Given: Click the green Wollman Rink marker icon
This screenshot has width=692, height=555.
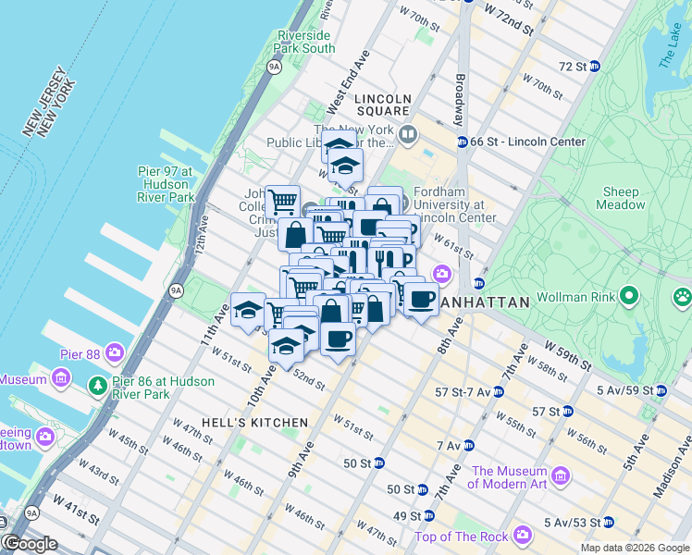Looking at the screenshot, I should coord(631,298).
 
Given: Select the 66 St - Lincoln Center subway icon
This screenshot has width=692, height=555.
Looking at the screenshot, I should coord(461,142).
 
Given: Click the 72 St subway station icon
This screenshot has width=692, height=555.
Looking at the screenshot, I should coord(594,66).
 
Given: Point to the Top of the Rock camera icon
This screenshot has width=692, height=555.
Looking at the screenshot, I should coord(523,536).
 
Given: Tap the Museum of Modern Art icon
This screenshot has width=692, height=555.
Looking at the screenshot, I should coord(561,478).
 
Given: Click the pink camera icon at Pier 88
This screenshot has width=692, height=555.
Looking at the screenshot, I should coord(114,352).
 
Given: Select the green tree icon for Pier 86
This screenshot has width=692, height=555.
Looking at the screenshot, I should coord(96,384).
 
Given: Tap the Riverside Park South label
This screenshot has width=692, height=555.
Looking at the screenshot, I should coord(304,42).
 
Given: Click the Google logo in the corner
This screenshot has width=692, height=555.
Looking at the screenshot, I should coord(31,544).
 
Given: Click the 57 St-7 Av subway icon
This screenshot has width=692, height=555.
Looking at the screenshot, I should coord(498,392).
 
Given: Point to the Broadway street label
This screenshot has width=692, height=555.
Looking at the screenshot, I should coord(458,100).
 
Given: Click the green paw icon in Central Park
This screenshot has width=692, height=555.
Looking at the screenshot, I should coord(683,297).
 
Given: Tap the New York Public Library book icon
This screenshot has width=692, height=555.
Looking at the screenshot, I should coord(408,136).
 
